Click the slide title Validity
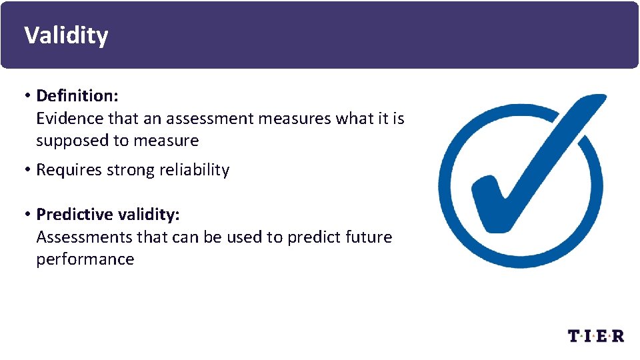click(65, 35)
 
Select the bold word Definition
click(76, 96)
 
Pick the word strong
click(135, 171)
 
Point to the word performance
click(85, 260)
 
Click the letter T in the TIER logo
click(575, 336)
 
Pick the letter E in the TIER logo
click(603, 336)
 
